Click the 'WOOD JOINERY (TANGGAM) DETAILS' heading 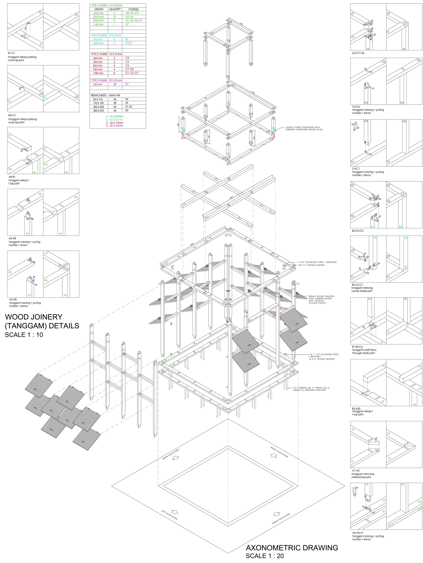[42, 321]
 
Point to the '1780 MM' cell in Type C [98, 73]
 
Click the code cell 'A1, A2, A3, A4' [134, 20]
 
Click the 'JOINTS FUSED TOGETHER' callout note [304, 129]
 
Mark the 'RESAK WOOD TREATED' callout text [321, 300]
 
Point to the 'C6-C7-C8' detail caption [358, 53]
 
